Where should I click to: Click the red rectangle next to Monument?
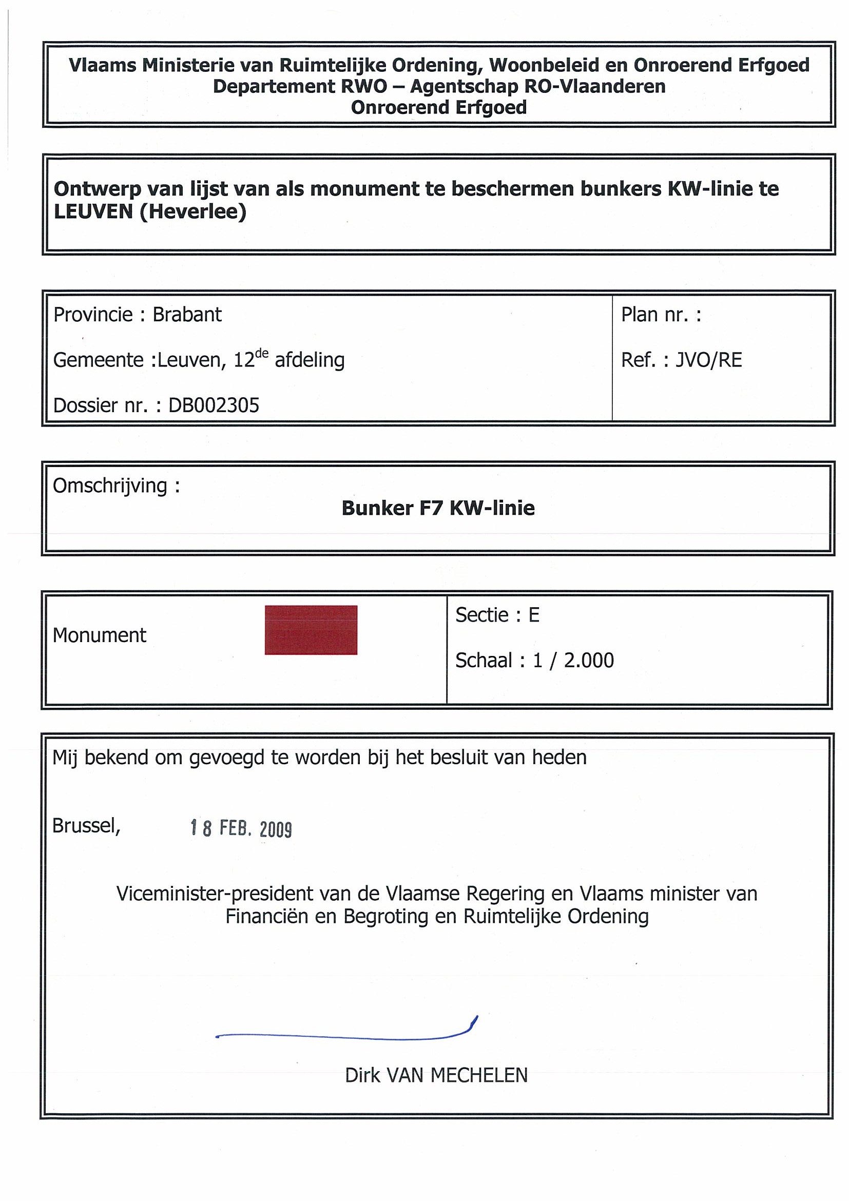311,630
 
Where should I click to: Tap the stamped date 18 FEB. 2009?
241,828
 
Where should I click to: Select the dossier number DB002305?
214,405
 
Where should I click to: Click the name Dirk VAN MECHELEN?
436,1075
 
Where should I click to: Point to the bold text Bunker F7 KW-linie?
438,508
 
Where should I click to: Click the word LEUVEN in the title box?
93,211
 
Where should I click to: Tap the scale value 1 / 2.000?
573,661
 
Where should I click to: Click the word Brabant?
187,315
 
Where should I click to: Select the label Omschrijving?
110,486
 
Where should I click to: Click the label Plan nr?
654,315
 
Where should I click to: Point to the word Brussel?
86,825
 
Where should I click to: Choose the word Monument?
100,635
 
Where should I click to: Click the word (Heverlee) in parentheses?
193,211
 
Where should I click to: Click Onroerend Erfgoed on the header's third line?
438,107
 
